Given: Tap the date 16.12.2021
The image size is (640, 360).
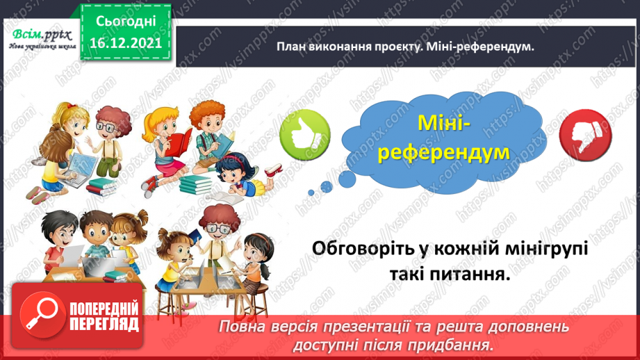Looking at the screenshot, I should [125, 42].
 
